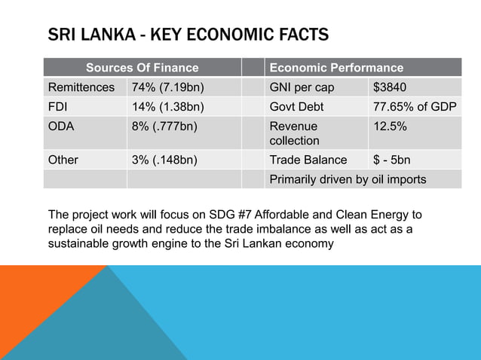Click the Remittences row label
(81, 87)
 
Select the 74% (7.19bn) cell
(168, 87)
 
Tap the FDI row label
(59, 106)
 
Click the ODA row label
(62, 127)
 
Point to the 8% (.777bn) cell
(166, 127)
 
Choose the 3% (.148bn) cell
(166, 160)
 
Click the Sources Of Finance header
(142, 68)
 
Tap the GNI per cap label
(302, 87)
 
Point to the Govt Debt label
(296, 106)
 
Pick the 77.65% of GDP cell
(415, 106)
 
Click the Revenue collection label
(295, 133)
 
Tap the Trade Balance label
(308, 160)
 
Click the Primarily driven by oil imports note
(348, 179)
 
